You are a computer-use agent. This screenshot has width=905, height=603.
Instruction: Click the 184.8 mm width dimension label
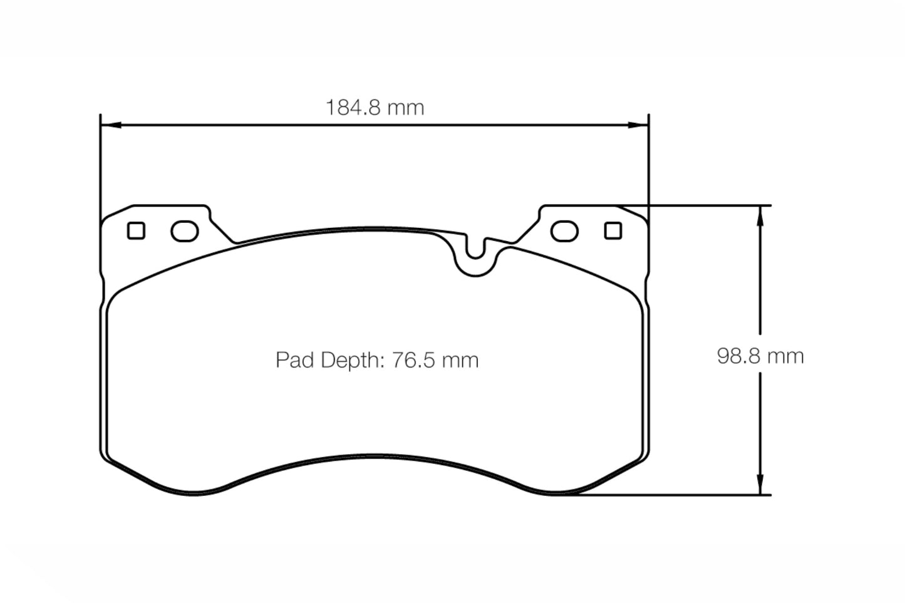click(375, 108)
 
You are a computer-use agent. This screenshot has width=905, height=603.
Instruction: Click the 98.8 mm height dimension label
click(760, 356)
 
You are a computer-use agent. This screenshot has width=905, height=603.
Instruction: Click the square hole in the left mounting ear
click(136, 231)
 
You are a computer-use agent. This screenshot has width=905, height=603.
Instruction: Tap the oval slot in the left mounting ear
click(185, 231)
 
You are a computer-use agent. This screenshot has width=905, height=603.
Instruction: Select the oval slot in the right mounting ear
click(564, 231)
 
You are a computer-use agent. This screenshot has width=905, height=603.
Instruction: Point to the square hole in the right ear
click(613, 231)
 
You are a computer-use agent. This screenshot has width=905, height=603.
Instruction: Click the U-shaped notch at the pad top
click(476, 254)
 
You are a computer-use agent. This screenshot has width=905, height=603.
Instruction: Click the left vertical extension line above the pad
click(100, 163)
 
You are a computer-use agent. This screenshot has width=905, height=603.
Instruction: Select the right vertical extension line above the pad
click(649, 163)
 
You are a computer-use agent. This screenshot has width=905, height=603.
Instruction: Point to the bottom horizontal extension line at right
click(676, 495)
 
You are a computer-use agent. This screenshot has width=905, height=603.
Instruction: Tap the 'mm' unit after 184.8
click(405, 108)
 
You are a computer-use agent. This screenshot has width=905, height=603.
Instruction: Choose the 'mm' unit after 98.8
click(785, 356)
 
